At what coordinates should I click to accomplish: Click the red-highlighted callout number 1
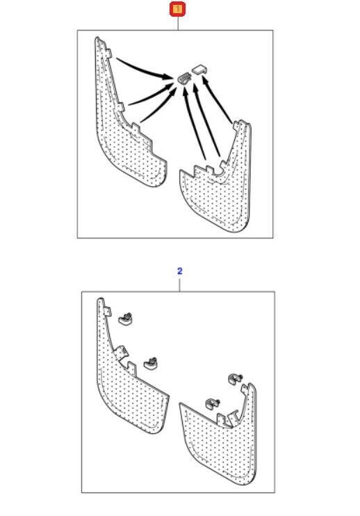[x=177, y=9]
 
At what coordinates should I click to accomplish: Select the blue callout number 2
[x=179, y=271]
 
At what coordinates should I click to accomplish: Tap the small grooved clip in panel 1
[x=184, y=79]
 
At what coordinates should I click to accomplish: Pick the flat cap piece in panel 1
[x=199, y=70]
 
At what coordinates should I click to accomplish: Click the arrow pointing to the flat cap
[x=217, y=99]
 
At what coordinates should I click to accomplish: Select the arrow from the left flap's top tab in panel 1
[x=145, y=68]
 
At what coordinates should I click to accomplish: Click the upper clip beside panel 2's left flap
[x=125, y=319]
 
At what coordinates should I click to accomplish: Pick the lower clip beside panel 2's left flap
[x=151, y=363]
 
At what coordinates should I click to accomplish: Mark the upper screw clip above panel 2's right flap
[x=235, y=379]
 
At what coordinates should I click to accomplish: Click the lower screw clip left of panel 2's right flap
[x=213, y=404]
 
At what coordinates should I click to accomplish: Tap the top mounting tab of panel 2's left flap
[x=107, y=312]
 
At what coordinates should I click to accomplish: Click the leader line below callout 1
[x=178, y=24]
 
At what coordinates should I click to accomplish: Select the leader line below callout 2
[x=179, y=284]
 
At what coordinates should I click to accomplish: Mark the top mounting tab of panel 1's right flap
[x=237, y=126]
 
